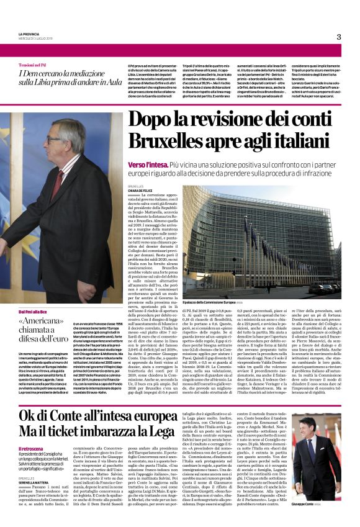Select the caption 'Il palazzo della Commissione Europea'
(209, 300)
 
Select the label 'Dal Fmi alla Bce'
(33, 311)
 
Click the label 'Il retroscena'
(31, 431)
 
